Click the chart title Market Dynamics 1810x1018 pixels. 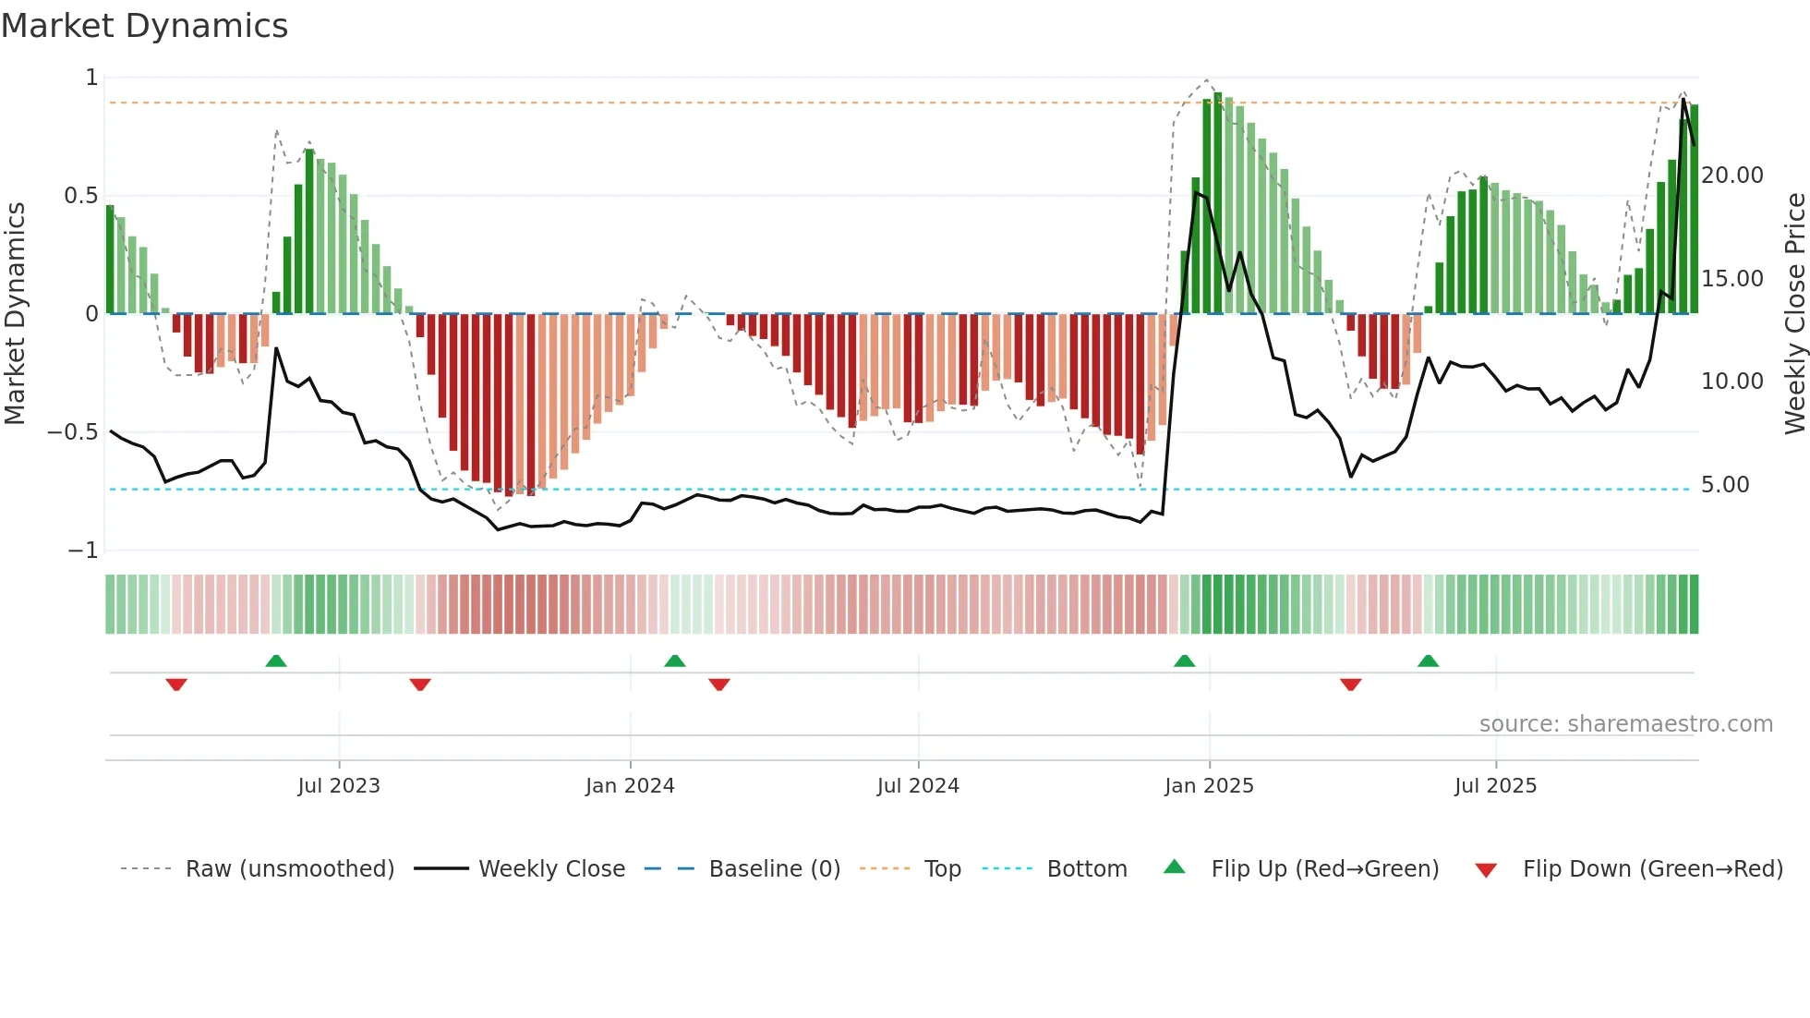click(x=144, y=26)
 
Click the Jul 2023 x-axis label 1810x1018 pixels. click(x=338, y=785)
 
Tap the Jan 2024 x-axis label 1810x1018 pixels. click(x=630, y=785)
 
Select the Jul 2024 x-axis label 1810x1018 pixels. click(x=918, y=785)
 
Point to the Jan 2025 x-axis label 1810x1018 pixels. click(x=1209, y=785)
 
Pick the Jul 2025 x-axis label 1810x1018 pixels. click(x=1495, y=785)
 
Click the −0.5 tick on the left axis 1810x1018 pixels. click(x=72, y=432)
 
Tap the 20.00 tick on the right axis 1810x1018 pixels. click(x=1732, y=176)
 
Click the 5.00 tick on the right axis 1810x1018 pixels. click(x=1724, y=485)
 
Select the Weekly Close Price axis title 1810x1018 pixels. click(x=1794, y=313)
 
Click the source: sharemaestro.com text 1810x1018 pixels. click(x=1625, y=724)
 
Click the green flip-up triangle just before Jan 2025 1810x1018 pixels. click(x=1184, y=660)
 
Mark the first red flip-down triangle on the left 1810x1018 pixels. click(x=176, y=685)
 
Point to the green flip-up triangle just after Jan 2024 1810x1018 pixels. click(x=675, y=660)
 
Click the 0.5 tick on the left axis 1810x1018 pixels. click(x=80, y=196)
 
